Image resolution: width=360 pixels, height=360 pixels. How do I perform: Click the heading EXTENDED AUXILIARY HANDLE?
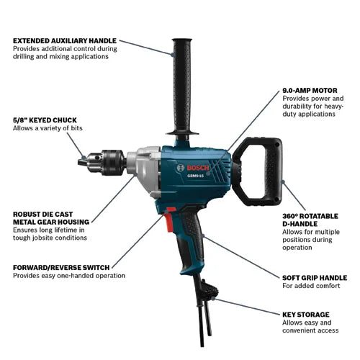pyautogui.click(x=64, y=40)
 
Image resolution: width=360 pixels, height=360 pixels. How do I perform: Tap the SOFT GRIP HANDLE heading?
pyautogui.click(x=315, y=276)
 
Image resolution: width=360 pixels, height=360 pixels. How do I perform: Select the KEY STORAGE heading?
pyautogui.click(x=305, y=315)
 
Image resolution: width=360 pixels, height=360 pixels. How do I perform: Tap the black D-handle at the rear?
pyautogui.click(x=267, y=170)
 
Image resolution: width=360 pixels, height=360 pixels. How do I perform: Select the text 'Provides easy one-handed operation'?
pyautogui.click(x=69, y=276)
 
